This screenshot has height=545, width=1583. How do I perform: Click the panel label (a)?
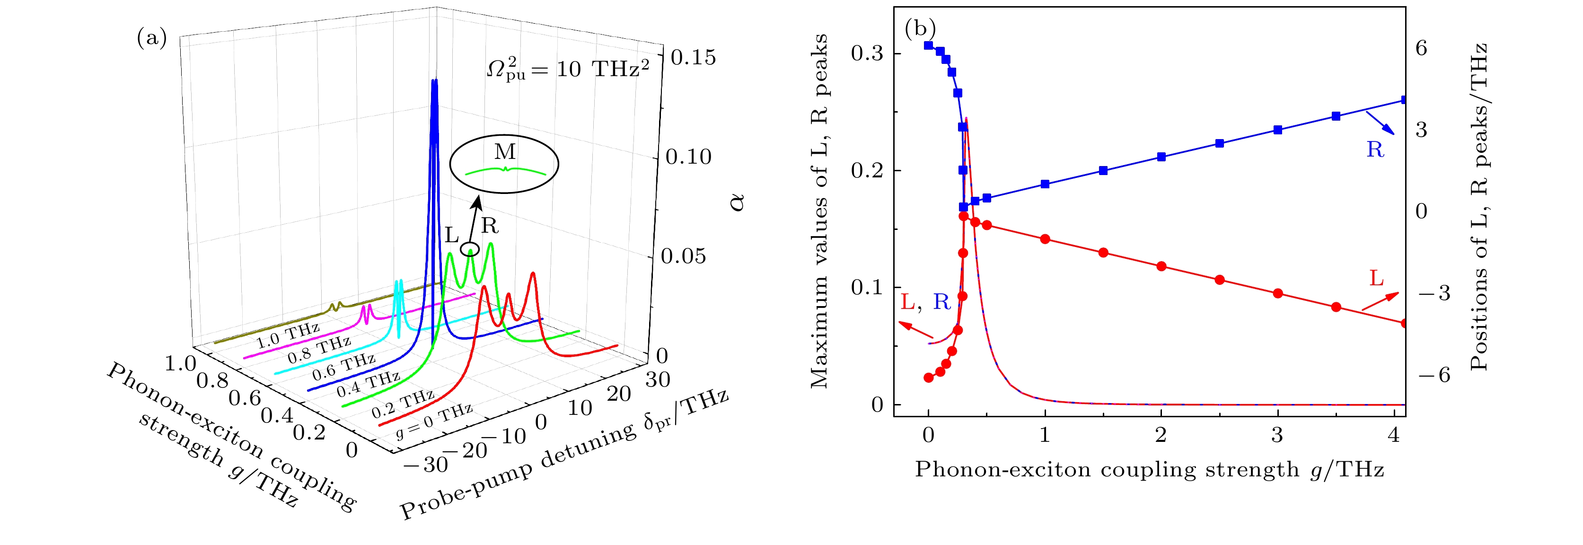pos(151,39)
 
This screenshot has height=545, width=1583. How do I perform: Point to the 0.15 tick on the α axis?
pos(693,58)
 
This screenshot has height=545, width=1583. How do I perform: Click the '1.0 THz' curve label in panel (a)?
pos(288,335)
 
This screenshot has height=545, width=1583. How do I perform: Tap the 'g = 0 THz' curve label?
pos(434,421)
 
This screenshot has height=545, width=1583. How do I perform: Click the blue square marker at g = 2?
pos(1161,157)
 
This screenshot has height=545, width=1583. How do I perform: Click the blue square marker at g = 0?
pos(929,45)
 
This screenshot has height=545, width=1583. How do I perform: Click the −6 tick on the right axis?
pos(1433,374)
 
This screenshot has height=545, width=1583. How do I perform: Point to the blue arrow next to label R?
pos(1380,122)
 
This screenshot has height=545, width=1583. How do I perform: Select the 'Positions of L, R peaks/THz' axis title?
pos(1478,206)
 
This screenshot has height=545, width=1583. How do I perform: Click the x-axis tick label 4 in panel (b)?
pos(1394,435)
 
